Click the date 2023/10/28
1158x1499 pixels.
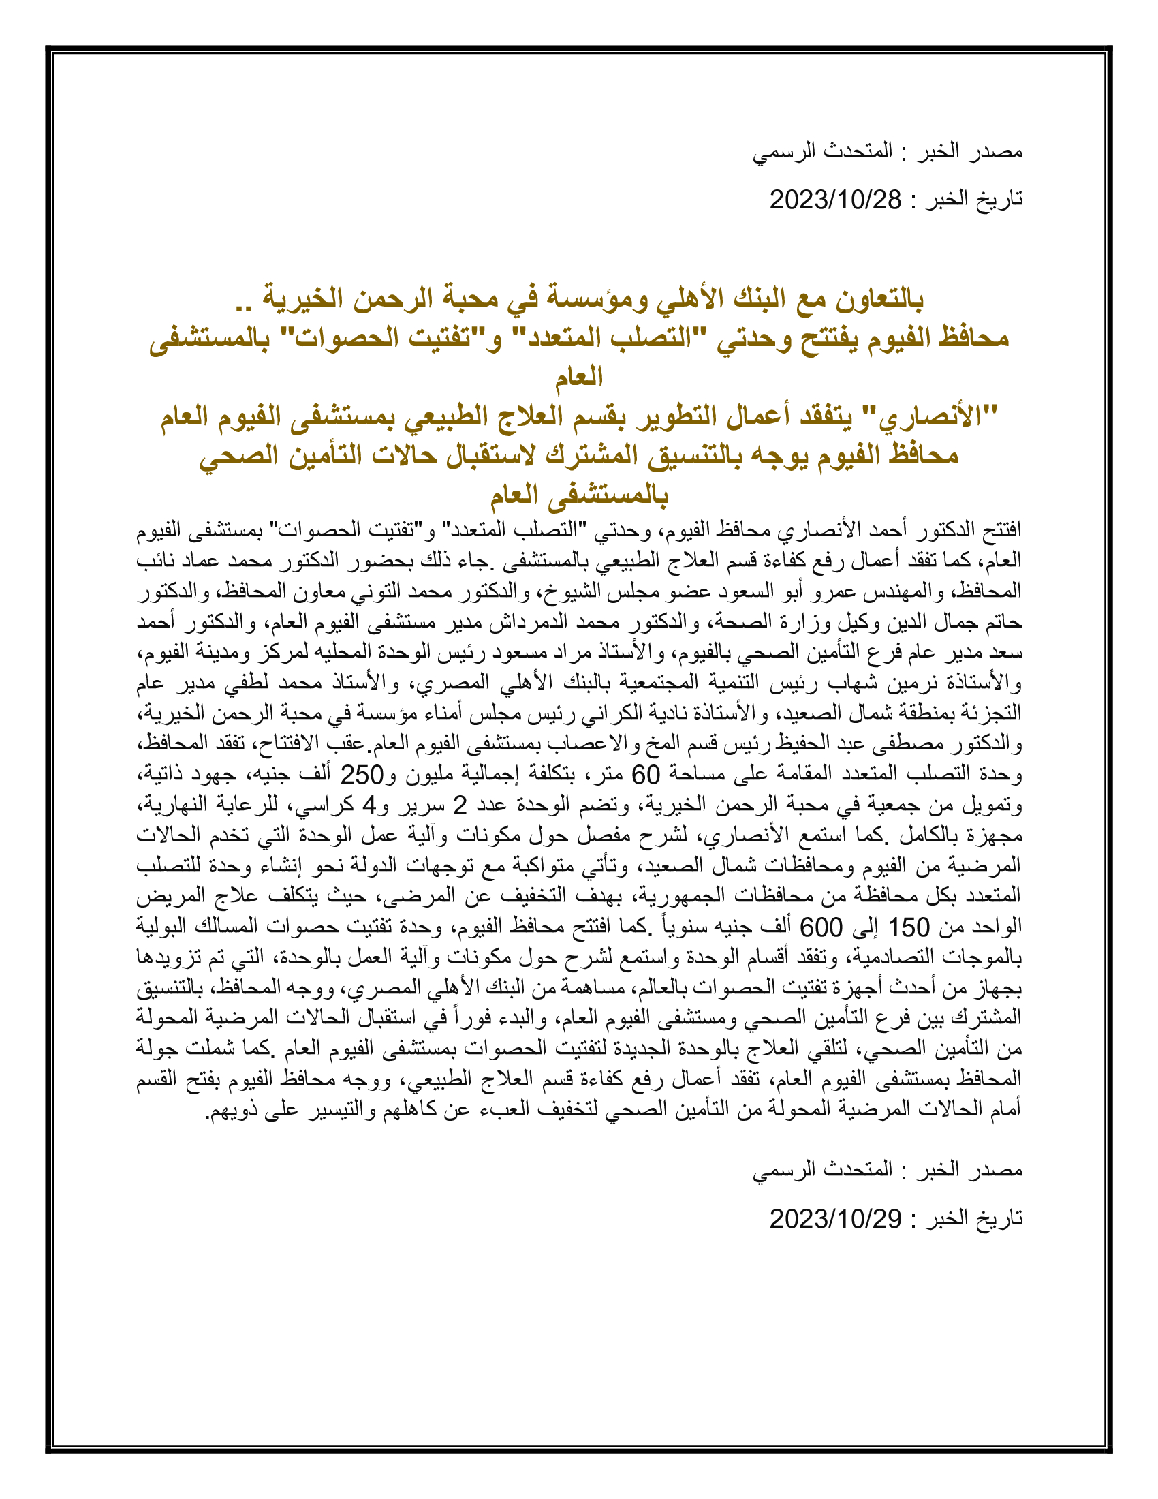point(835,200)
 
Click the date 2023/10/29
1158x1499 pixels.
point(835,1218)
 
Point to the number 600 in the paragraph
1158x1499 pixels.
point(821,927)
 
